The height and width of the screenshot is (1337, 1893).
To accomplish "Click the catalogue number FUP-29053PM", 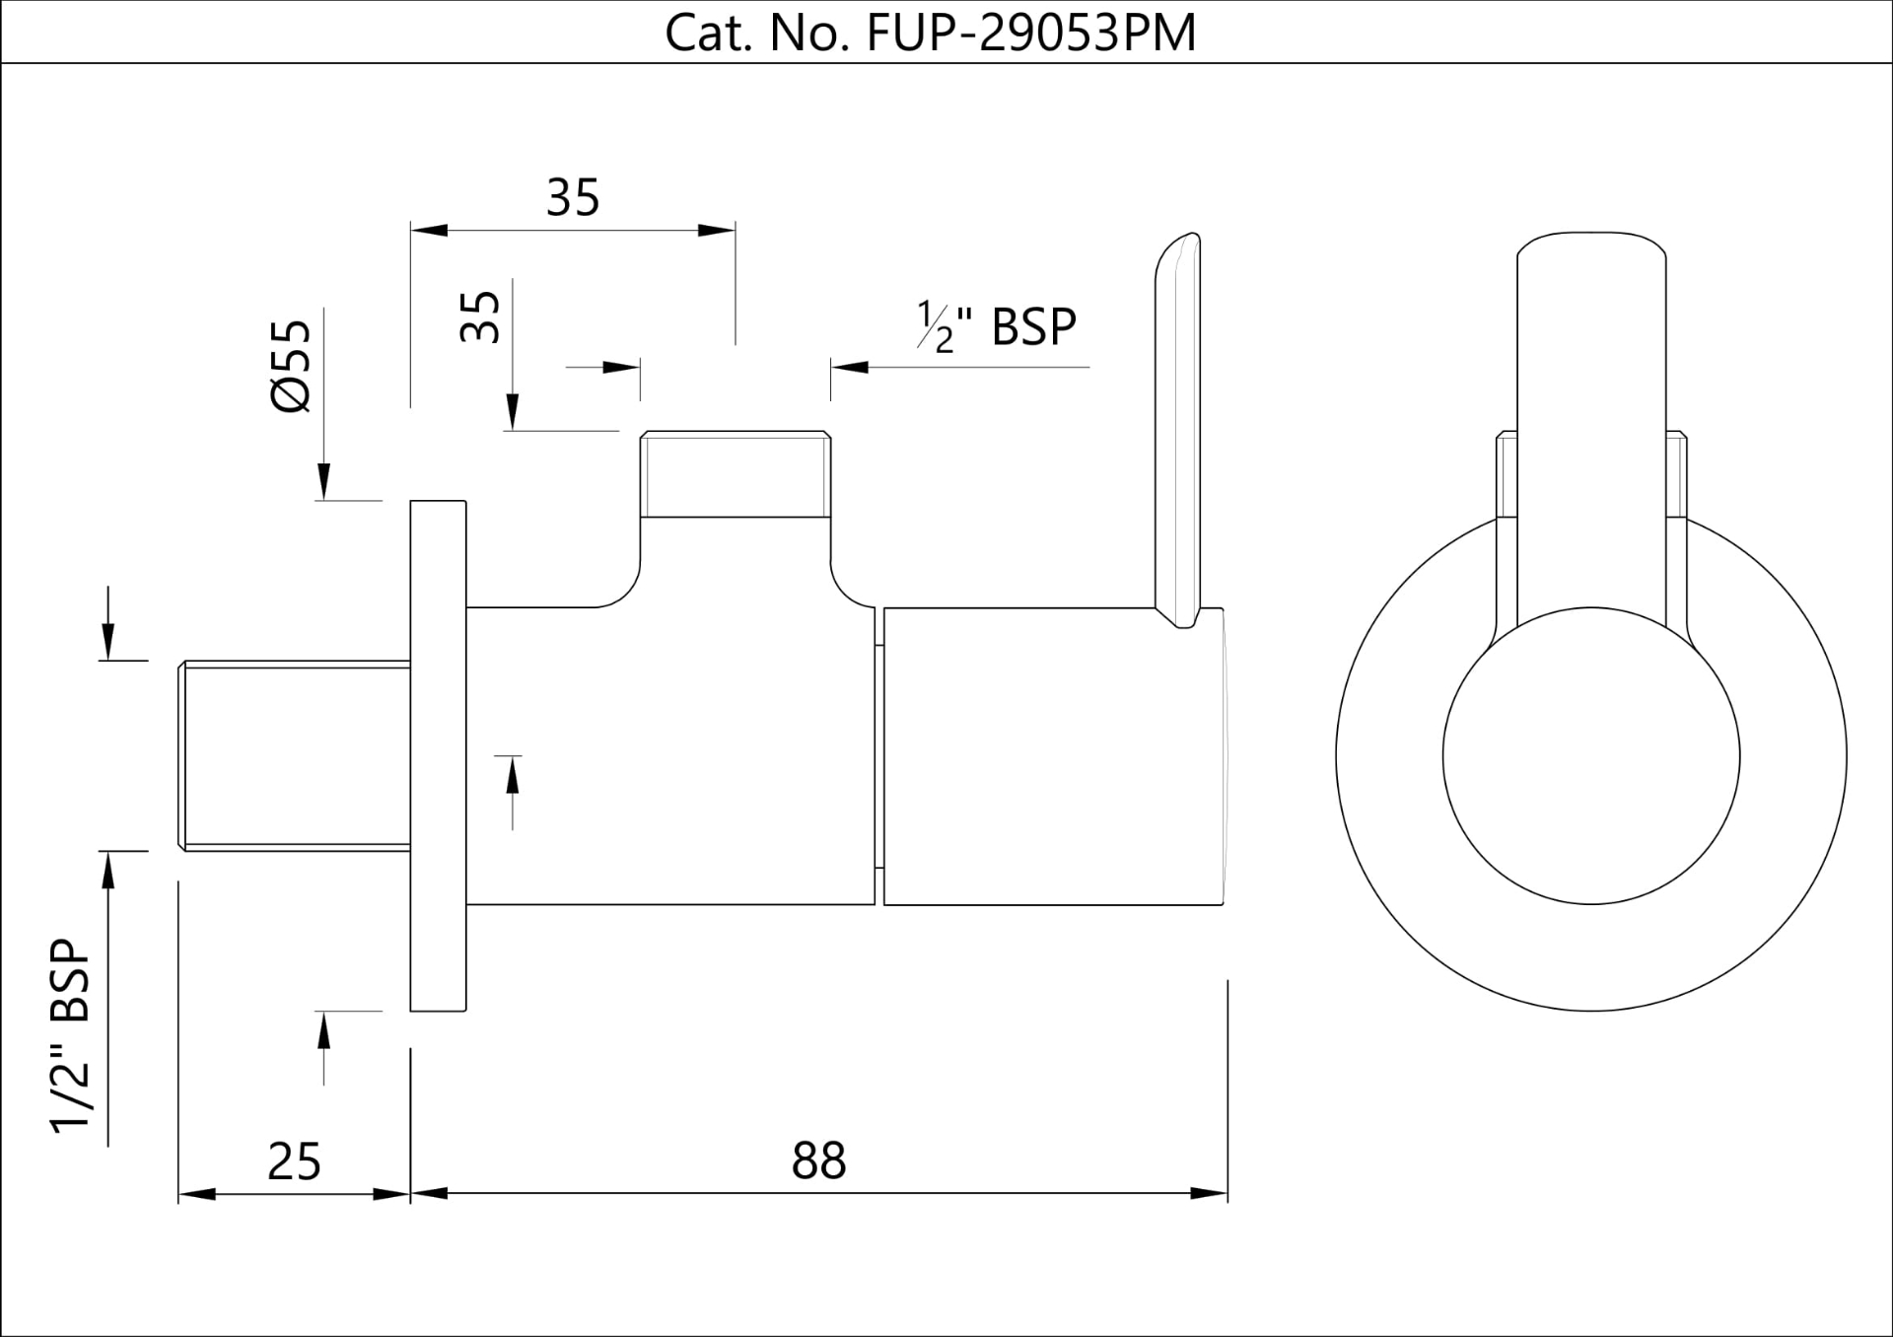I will [x=1030, y=33].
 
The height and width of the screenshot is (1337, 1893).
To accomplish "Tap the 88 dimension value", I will [x=818, y=1161].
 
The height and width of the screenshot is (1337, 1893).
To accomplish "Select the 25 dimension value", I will [x=294, y=1161].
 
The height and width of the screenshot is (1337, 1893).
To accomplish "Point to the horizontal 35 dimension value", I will [x=573, y=197].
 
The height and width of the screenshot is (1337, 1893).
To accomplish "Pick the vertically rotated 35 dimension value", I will [x=481, y=316].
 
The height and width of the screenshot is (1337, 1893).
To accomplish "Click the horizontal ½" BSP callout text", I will [x=997, y=326].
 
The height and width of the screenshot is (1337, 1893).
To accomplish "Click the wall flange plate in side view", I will [x=438, y=755].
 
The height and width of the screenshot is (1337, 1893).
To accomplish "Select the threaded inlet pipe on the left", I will [x=294, y=755].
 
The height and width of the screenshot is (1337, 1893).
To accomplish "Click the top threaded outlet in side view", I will [x=736, y=474].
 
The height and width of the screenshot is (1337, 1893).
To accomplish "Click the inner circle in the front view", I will [x=1590, y=756].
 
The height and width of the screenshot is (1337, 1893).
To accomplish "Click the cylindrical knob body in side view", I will [x=1053, y=756].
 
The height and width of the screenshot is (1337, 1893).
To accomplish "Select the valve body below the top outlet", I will [x=670, y=755].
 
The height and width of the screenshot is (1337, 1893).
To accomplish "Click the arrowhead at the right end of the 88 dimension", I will [x=1211, y=1194].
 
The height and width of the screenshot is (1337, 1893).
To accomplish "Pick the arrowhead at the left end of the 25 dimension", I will [x=195, y=1194].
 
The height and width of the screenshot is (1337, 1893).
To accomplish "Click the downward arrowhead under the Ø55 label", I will [x=323, y=482].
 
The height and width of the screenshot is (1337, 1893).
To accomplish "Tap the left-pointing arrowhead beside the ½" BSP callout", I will [x=848, y=367].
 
